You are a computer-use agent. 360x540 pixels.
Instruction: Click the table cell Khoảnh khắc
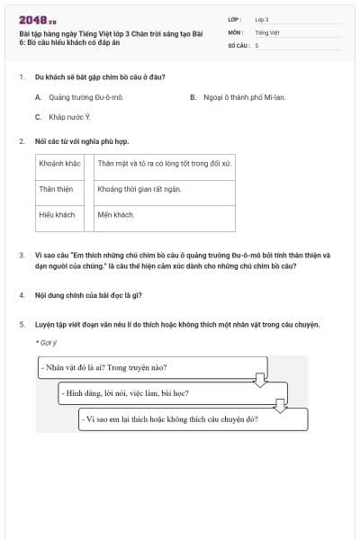click(61, 164)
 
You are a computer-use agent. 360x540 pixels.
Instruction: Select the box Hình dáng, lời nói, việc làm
click(171, 393)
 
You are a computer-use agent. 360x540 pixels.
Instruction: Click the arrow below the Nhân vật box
click(261, 381)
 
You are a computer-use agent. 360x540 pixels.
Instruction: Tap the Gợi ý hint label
click(46, 342)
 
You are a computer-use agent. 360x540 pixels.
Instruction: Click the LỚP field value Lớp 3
click(262, 19)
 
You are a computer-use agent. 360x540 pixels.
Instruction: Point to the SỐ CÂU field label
click(238, 44)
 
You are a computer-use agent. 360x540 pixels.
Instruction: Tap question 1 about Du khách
click(99, 77)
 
